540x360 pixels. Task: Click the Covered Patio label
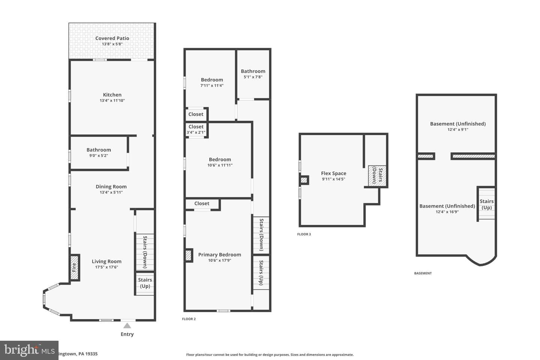(x=112, y=38)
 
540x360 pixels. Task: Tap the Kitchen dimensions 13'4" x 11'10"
(x=112, y=100)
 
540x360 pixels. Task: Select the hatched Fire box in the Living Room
(x=74, y=267)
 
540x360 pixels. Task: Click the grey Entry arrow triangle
(x=127, y=326)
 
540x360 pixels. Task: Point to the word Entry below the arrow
(x=127, y=334)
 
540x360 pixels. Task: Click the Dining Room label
(x=111, y=187)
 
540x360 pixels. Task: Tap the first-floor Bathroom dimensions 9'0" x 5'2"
(x=99, y=156)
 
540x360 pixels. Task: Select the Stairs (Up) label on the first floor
(x=145, y=283)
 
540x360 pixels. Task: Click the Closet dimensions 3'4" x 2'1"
(x=196, y=132)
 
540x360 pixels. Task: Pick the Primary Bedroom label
(x=220, y=255)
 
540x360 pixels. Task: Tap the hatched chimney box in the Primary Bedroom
(x=189, y=255)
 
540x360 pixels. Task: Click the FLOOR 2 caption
(x=189, y=319)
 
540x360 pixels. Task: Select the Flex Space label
(x=334, y=173)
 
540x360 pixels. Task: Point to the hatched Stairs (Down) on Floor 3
(x=377, y=176)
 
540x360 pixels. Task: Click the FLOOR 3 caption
(x=304, y=234)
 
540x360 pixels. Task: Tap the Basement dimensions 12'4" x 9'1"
(x=458, y=129)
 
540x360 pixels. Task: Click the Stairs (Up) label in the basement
(x=486, y=204)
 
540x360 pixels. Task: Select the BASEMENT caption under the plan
(x=423, y=273)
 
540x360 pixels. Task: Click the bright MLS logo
(x=29, y=350)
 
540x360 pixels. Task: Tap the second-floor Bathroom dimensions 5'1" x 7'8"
(x=253, y=77)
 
